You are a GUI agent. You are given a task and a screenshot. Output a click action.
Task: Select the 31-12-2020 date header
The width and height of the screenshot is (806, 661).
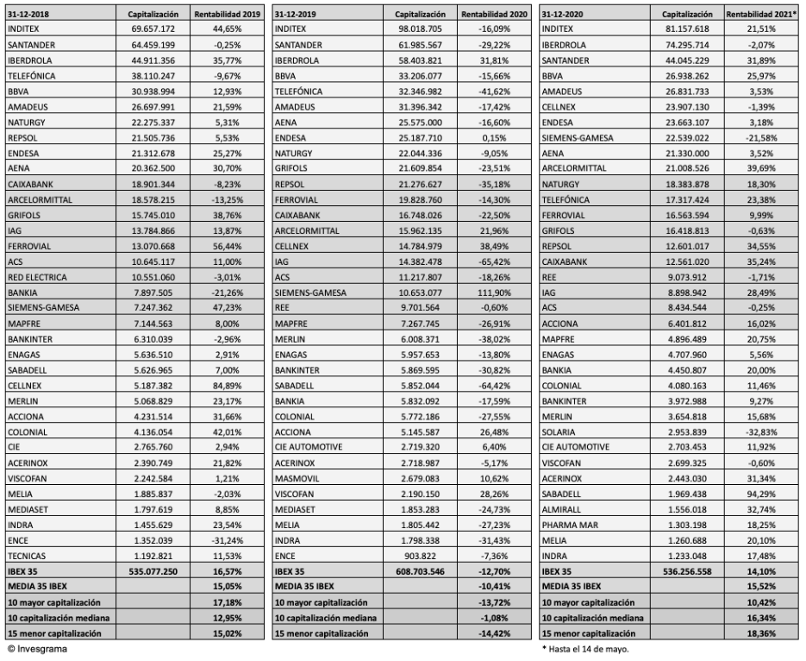click(565, 15)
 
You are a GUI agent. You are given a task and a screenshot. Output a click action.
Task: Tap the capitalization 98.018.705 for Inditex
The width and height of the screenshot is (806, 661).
click(422, 29)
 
